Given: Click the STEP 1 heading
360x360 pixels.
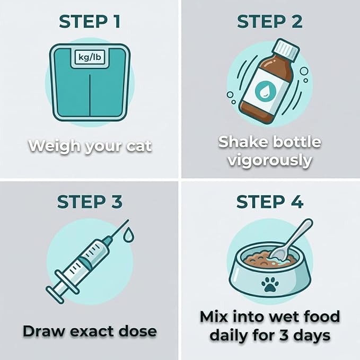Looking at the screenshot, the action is coord(90,22).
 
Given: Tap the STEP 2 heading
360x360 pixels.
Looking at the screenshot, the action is coord(270,22).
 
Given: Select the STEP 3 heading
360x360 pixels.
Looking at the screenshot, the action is coord(90,202).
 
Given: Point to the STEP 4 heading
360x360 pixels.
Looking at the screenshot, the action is coord(270,202).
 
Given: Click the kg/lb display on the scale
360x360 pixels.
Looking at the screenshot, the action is coord(90,57).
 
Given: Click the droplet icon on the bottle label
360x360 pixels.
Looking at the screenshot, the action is coord(264,89).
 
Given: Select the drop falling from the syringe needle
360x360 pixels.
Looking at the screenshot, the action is coord(128,234).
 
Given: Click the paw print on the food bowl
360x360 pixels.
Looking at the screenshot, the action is coord(270,284).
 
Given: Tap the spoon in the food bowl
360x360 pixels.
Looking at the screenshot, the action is coord(291,241).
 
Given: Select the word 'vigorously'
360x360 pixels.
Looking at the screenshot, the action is coord(270,161).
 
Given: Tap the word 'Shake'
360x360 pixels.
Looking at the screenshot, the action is coord(243,142).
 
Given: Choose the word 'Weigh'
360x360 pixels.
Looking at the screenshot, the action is coord(55,146).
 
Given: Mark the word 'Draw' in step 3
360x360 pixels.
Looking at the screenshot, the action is coord(44,331).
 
